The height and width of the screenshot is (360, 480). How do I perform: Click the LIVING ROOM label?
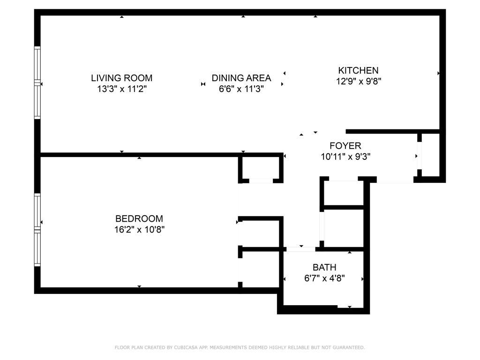pos(121,78)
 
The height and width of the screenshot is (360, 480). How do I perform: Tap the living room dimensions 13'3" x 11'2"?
pos(121,90)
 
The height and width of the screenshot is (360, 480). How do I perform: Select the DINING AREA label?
pos(241,78)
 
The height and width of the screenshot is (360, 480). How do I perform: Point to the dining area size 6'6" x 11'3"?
pos(241,90)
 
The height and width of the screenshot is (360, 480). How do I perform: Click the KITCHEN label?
pos(358,70)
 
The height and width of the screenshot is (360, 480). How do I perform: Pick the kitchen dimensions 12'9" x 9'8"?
pos(358,82)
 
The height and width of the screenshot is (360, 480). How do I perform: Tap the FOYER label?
pos(345,146)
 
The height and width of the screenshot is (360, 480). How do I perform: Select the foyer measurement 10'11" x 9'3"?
pos(345,157)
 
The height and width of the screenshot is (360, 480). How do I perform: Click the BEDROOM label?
pos(139,218)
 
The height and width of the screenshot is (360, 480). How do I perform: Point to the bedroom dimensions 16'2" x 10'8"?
pos(139,230)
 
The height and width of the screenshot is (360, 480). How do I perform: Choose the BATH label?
pos(324,267)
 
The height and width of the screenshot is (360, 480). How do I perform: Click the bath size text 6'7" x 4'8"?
pos(324,278)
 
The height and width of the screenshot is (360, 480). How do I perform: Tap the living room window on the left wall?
pos(37,82)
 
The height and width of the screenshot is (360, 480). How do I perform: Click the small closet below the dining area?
pos(261,167)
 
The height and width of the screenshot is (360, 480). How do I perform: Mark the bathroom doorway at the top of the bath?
pos(301,249)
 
